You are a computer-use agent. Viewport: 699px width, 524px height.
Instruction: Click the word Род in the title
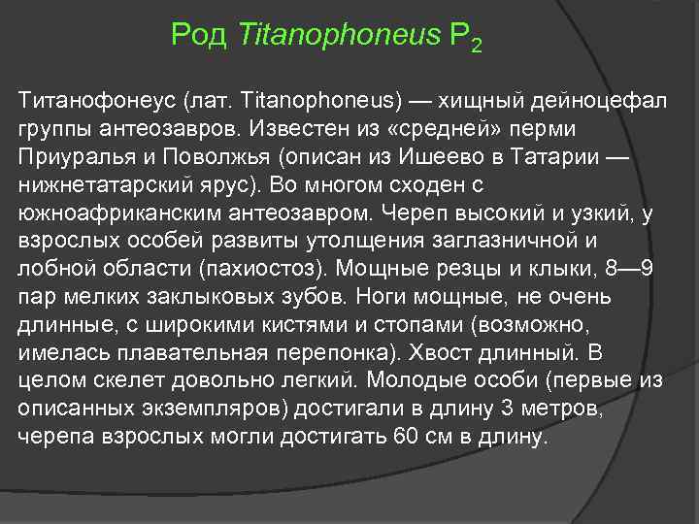point(197,36)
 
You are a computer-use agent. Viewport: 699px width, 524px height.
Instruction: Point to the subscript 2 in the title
point(475,46)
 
